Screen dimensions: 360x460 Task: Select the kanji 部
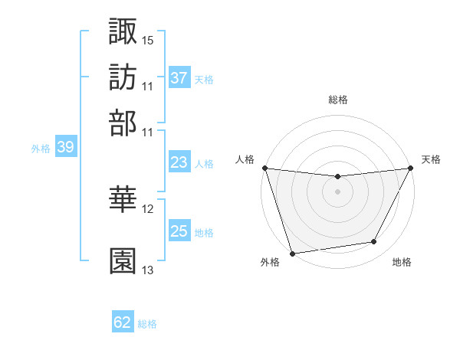(x=123, y=123)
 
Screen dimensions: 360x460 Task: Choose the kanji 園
(x=123, y=260)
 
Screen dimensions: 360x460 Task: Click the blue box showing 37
(x=179, y=78)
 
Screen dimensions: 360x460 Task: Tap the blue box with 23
(x=179, y=162)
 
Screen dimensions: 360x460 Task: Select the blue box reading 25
(x=179, y=231)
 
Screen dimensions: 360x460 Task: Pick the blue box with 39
(x=65, y=148)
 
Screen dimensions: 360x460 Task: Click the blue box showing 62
(x=123, y=322)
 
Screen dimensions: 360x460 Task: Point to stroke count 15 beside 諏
(x=148, y=39)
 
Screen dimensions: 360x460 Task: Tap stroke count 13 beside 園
(x=148, y=270)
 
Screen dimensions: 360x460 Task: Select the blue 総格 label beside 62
(x=147, y=324)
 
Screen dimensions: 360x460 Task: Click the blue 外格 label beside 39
(x=40, y=149)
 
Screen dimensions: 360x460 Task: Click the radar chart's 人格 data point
(x=264, y=168)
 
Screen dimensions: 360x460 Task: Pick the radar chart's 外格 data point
(x=292, y=253)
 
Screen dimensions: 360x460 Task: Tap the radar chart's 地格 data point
(x=374, y=242)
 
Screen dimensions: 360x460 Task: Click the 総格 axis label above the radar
(x=338, y=100)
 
